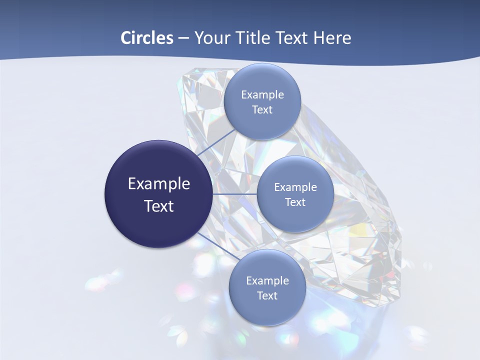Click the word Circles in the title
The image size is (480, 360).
(146, 38)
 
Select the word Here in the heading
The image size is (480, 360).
(332, 38)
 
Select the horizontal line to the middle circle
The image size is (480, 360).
(234, 194)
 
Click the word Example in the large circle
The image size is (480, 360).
(159, 184)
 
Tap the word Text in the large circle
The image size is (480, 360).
(159, 206)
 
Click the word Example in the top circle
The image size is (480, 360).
(262, 95)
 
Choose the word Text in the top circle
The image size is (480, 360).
(262, 110)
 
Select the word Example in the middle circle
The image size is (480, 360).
(295, 187)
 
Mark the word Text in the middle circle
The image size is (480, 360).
(295, 202)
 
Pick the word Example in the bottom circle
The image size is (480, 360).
(267, 281)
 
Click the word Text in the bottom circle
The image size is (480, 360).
(267, 296)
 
